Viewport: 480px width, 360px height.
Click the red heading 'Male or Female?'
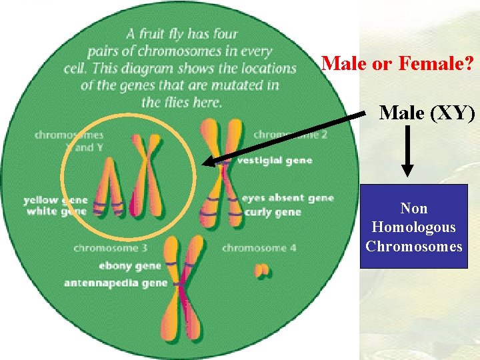pyautogui.click(x=397, y=64)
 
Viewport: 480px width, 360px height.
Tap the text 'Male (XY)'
pyautogui.click(x=427, y=113)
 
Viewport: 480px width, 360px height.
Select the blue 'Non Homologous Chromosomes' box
pyautogui.click(x=413, y=227)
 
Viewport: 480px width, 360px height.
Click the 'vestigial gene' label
pyautogui.click(x=275, y=161)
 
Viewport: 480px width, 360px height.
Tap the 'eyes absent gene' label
pyautogui.click(x=287, y=198)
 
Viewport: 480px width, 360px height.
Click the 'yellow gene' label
pyautogui.click(x=55, y=199)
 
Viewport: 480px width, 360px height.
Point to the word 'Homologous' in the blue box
pyautogui.click(x=413, y=227)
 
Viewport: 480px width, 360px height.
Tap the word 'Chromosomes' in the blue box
pyautogui.click(x=413, y=245)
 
